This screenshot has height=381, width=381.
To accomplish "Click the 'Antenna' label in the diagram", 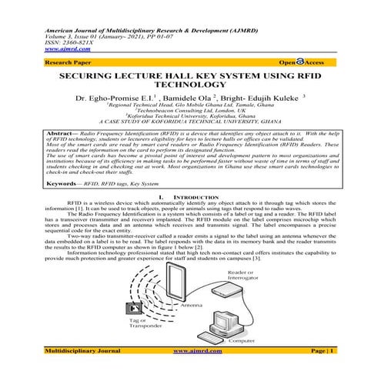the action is (191, 306).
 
